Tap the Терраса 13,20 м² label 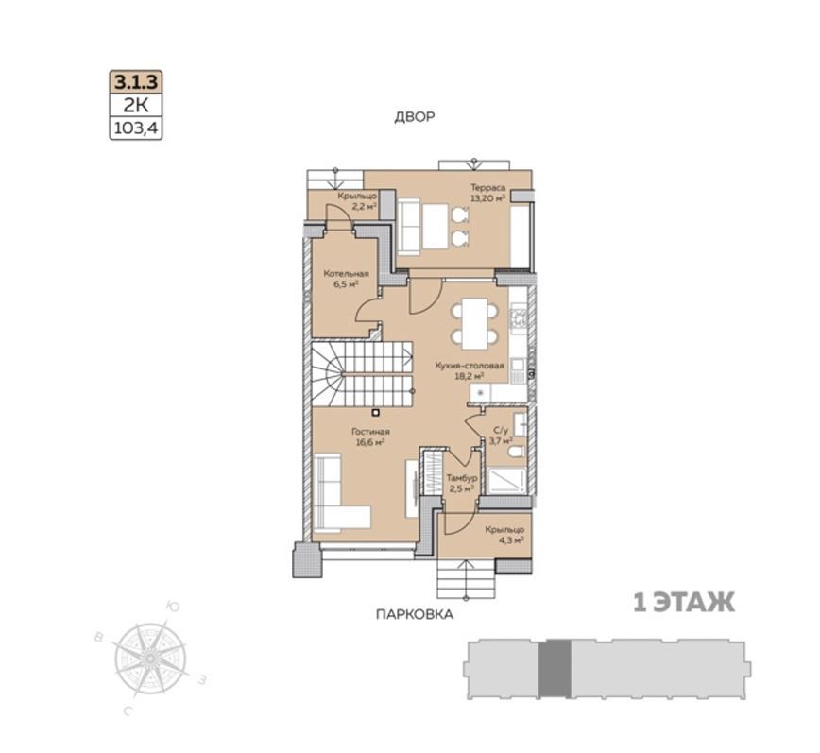coord(487,193)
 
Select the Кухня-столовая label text coord(470,366)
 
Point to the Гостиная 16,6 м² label coord(370,436)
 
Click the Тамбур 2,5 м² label coord(461,483)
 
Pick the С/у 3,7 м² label coord(501,435)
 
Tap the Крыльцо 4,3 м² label coord(504,535)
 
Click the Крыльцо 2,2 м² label coord(357,201)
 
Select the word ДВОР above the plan coord(414,116)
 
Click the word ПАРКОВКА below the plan coord(414,614)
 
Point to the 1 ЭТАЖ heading coord(684,603)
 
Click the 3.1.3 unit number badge coord(136,82)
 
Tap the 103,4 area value coord(136,128)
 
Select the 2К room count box coord(136,106)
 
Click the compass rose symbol coord(150,658)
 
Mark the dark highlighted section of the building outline coord(555,668)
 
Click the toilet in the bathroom coord(515,453)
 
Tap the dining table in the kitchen coord(475,323)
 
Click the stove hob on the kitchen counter coord(518,319)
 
